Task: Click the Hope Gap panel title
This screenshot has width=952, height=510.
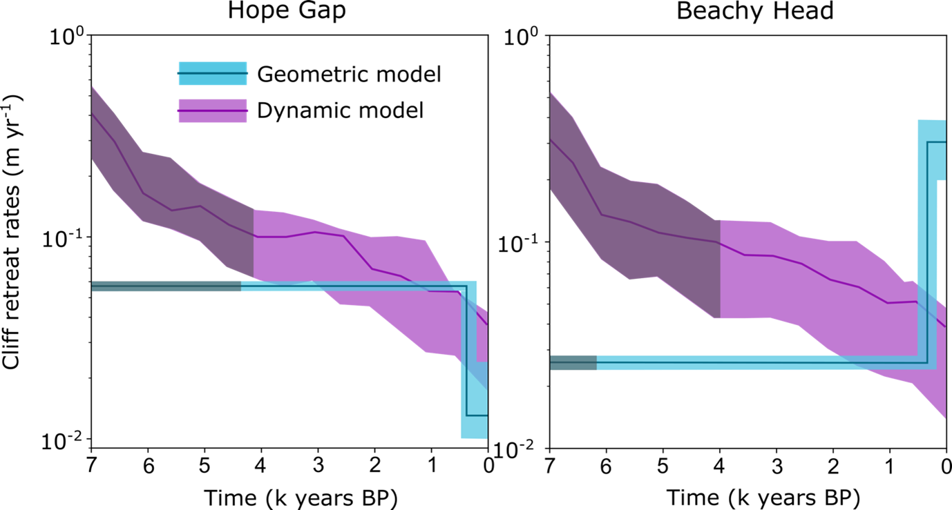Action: click(289, 13)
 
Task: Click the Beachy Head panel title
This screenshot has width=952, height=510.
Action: click(746, 13)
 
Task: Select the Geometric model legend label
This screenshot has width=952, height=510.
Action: click(348, 74)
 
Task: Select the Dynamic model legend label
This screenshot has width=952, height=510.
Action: click(340, 110)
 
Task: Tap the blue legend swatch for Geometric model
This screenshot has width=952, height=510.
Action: click(212, 74)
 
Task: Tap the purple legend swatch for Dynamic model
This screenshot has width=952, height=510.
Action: click(212, 110)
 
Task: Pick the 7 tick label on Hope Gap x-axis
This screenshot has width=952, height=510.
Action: click(91, 463)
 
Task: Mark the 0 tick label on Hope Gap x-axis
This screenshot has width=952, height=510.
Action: click(488, 463)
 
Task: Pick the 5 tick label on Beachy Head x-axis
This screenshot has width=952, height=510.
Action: click(662, 463)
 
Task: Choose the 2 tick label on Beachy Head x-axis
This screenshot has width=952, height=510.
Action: click(832, 463)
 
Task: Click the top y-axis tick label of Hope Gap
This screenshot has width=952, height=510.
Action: click(67, 37)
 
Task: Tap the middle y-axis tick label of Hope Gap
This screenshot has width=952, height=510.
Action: click(67, 238)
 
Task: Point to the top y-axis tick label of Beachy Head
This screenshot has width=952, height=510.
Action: click(525, 37)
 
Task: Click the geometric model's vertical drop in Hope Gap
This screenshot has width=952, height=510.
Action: click(466, 352)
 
